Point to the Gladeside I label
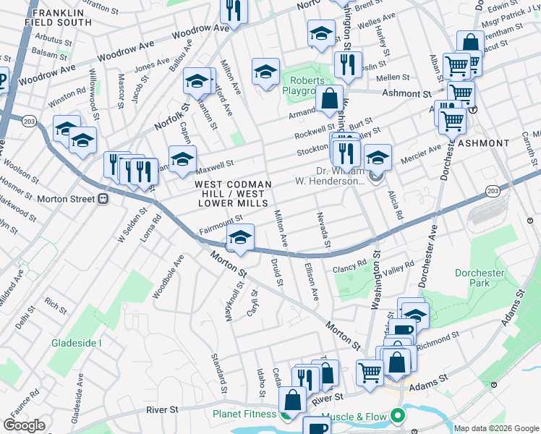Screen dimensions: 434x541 pos(76,343)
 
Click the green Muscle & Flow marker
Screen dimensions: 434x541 pos(396,415)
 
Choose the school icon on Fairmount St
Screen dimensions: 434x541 pos(240,238)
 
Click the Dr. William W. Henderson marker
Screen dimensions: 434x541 pos(375,176)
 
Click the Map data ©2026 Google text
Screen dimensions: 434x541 pos(495,428)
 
